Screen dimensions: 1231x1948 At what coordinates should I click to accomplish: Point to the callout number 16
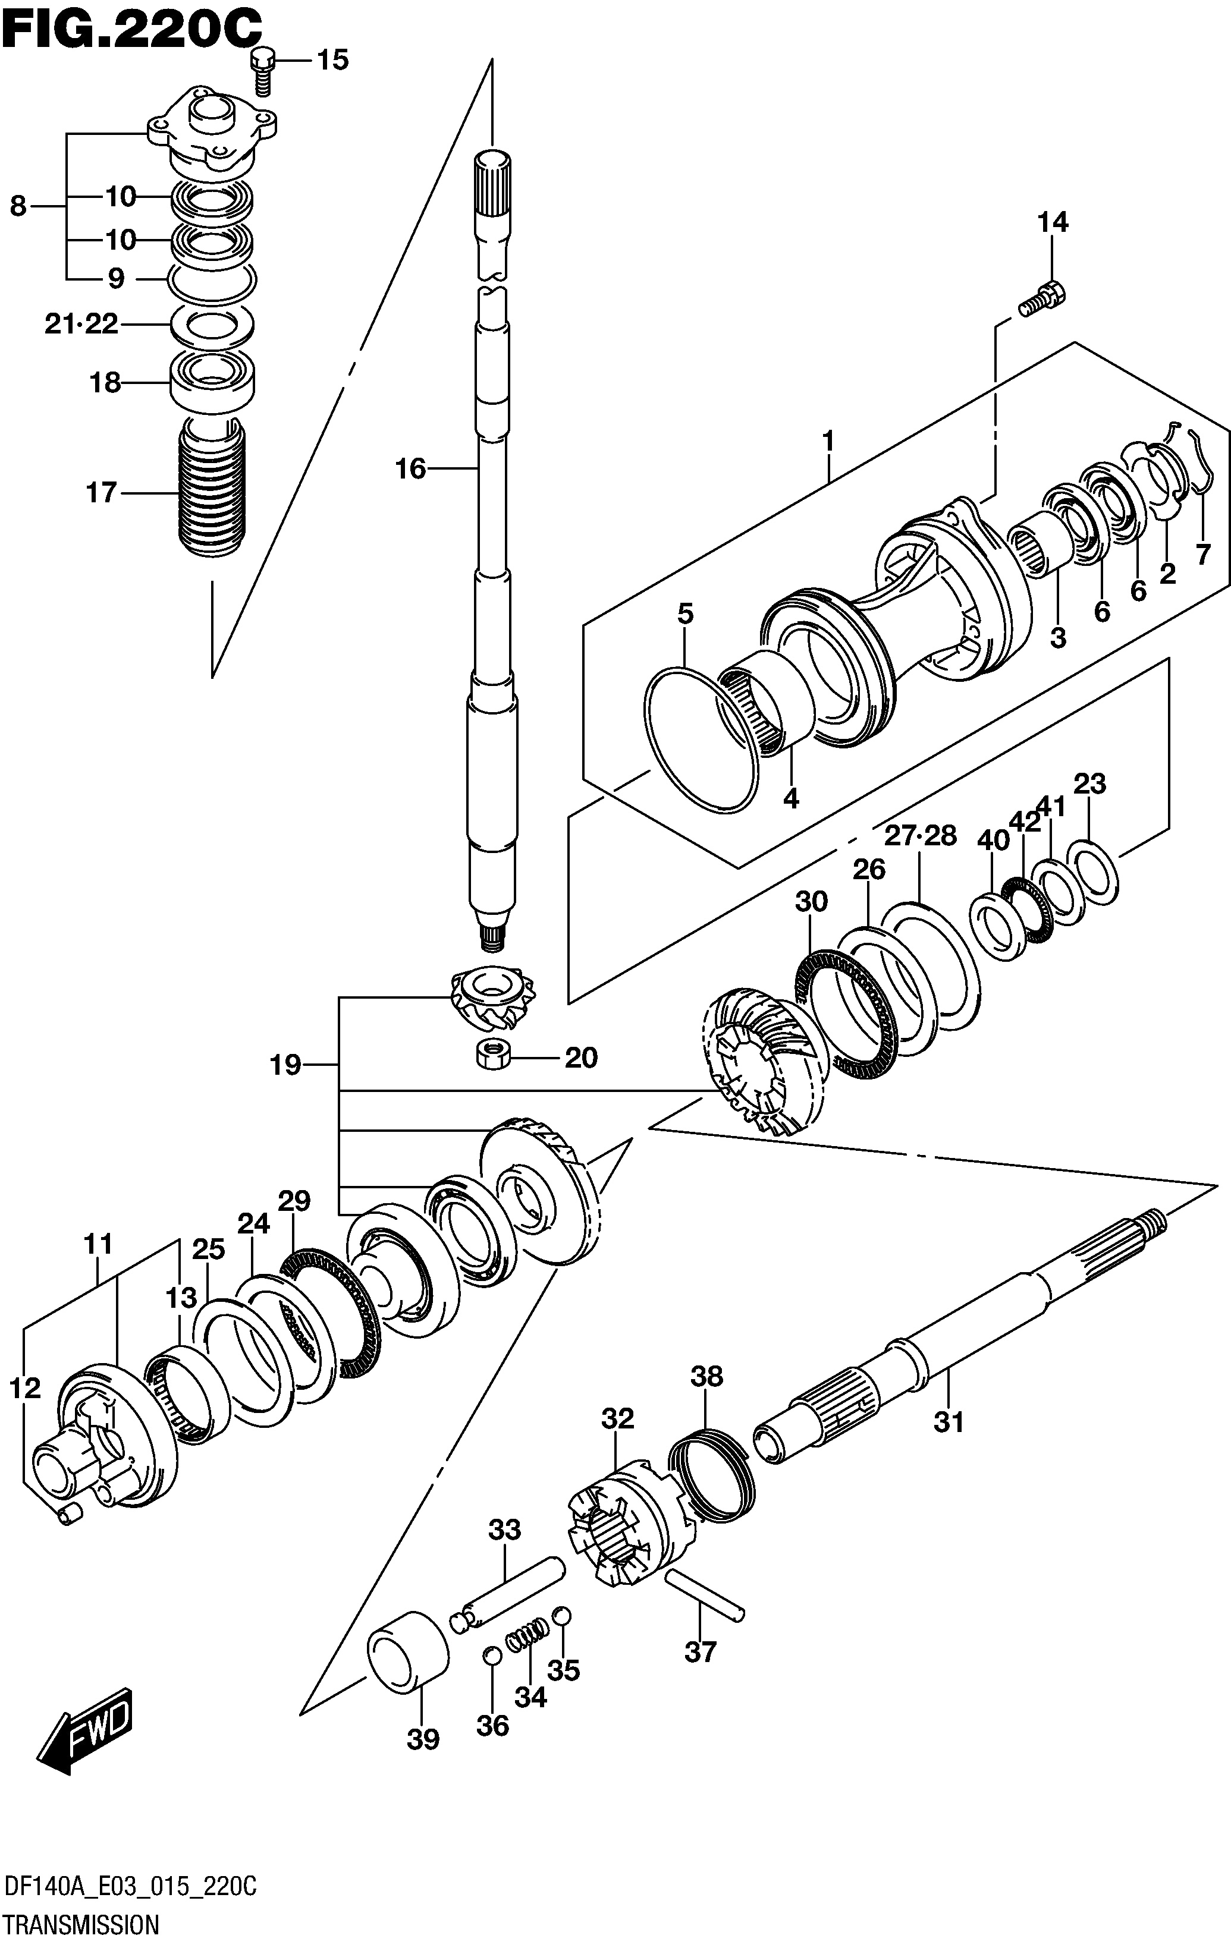[x=411, y=468]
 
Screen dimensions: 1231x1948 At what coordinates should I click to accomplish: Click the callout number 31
[x=949, y=1421]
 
